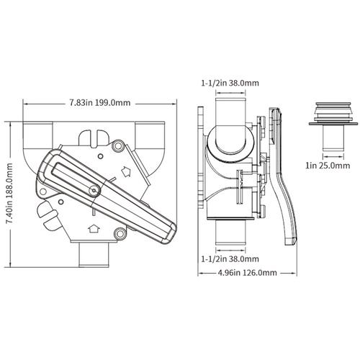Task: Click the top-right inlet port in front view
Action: (154, 134)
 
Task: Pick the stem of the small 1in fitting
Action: (330, 142)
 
